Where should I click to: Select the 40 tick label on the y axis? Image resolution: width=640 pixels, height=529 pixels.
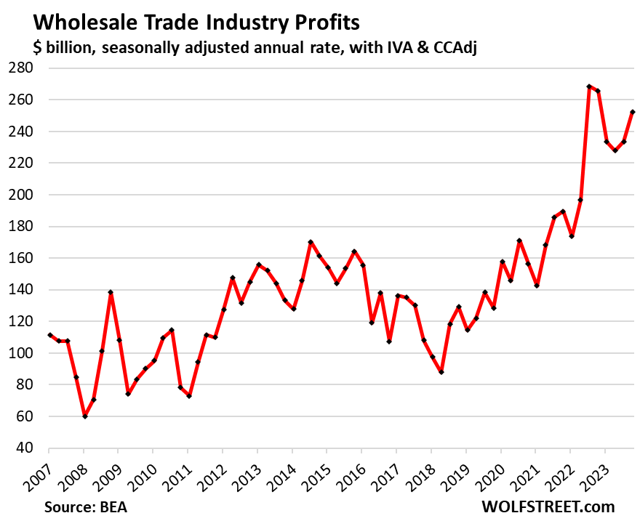[x=31, y=448]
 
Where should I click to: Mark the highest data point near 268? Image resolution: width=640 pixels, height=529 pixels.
[x=589, y=86]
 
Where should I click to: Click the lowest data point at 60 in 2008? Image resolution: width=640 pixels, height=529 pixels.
[x=85, y=416]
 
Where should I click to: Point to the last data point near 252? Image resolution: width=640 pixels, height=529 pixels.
[x=632, y=112]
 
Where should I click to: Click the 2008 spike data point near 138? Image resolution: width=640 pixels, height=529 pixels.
[x=111, y=292]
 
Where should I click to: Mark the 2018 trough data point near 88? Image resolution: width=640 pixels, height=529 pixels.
[x=441, y=372]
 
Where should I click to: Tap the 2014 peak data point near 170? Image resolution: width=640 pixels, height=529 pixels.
[x=311, y=242]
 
